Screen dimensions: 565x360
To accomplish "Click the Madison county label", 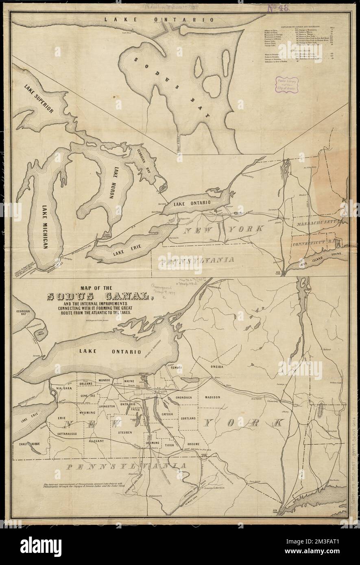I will (212, 397).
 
